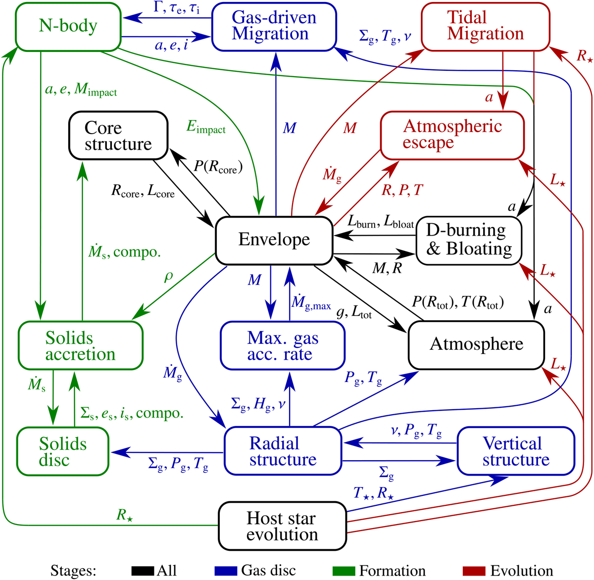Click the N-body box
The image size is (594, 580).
click(x=68, y=26)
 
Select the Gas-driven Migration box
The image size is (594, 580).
click(x=274, y=26)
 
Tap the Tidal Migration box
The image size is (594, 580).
click(x=485, y=26)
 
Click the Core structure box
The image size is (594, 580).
click(x=118, y=135)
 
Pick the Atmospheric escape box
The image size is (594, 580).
click(x=452, y=134)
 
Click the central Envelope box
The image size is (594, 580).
click(x=274, y=240)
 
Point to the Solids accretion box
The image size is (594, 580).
click(x=80, y=345)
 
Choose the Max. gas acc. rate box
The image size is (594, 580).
click(x=282, y=345)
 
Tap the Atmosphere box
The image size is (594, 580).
click(x=476, y=345)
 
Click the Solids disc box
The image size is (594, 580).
click(x=62, y=451)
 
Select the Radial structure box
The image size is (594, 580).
click(x=283, y=451)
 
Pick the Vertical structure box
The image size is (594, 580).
click(x=516, y=451)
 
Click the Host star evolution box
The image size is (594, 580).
click(x=282, y=526)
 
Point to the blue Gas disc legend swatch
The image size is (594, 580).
click(x=225, y=571)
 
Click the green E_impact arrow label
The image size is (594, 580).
click(x=206, y=127)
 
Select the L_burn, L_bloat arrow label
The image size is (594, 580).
click(x=380, y=223)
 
